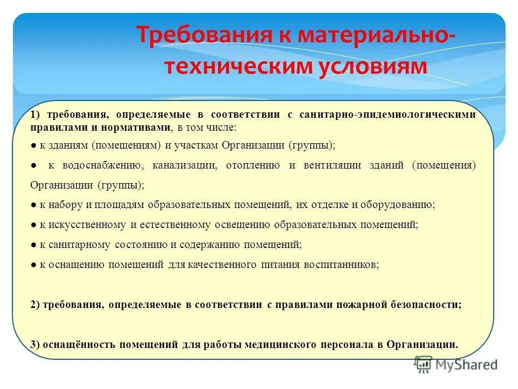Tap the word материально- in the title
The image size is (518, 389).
click(369, 36)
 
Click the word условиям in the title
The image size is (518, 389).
click(365, 66)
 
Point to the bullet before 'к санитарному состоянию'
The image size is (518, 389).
click(33, 245)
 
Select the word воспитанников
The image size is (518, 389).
click(342, 265)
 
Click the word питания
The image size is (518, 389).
click(279, 265)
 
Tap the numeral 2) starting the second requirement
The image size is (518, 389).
click(36, 305)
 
